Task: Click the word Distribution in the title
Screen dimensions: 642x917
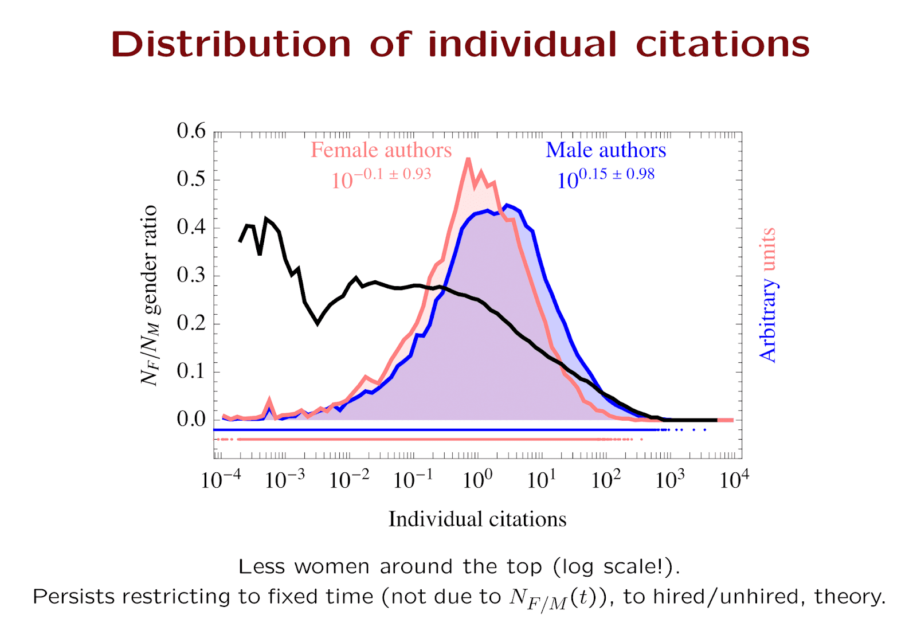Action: pyautogui.click(x=230, y=44)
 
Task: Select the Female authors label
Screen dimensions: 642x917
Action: pyautogui.click(x=381, y=150)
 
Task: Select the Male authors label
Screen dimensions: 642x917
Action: pyautogui.click(x=606, y=150)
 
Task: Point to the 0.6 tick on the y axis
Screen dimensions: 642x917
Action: pyautogui.click(x=191, y=131)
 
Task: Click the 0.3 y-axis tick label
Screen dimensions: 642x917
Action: pyautogui.click(x=191, y=275)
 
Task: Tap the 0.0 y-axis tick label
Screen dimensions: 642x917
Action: pyautogui.click(x=191, y=419)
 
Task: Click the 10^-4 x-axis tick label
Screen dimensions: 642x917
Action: pyautogui.click(x=220, y=479)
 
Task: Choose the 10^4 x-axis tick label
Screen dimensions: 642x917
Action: pyautogui.click(x=734, y=479)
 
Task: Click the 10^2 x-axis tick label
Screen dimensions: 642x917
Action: pyautogui.click(x=605, y=479)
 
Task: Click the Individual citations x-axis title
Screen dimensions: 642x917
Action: pyautogui.click(x=477, y=519)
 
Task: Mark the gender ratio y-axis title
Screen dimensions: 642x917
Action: pyautogui.click(x=150, y=295)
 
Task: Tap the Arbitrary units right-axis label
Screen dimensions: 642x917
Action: pyautogui.click(x=767, y=295)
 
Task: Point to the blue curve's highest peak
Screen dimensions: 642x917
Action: pyautogui.click(x=507, y=205)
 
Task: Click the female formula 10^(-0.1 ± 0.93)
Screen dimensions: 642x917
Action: pyautogui.click(x=381, y=178)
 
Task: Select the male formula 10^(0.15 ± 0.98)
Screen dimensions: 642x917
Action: pyautogui.click(x=606, y=178)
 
